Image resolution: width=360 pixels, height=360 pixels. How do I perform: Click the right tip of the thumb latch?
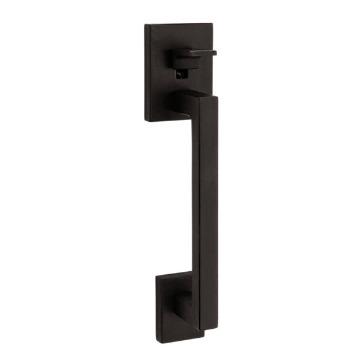(x=215, y=53)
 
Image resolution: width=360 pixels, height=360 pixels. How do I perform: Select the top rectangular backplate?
(x=159, y=72)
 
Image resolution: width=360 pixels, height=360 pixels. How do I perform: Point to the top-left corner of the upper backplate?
(x=146, y=25)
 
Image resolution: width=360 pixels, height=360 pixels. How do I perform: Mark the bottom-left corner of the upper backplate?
(x=146, y=120)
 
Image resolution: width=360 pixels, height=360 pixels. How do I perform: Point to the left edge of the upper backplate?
(x=146, y=72)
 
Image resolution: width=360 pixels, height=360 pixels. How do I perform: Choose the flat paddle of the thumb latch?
(x=201, y=53)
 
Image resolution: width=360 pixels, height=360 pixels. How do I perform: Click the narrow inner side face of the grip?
(x=195, y=210)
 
